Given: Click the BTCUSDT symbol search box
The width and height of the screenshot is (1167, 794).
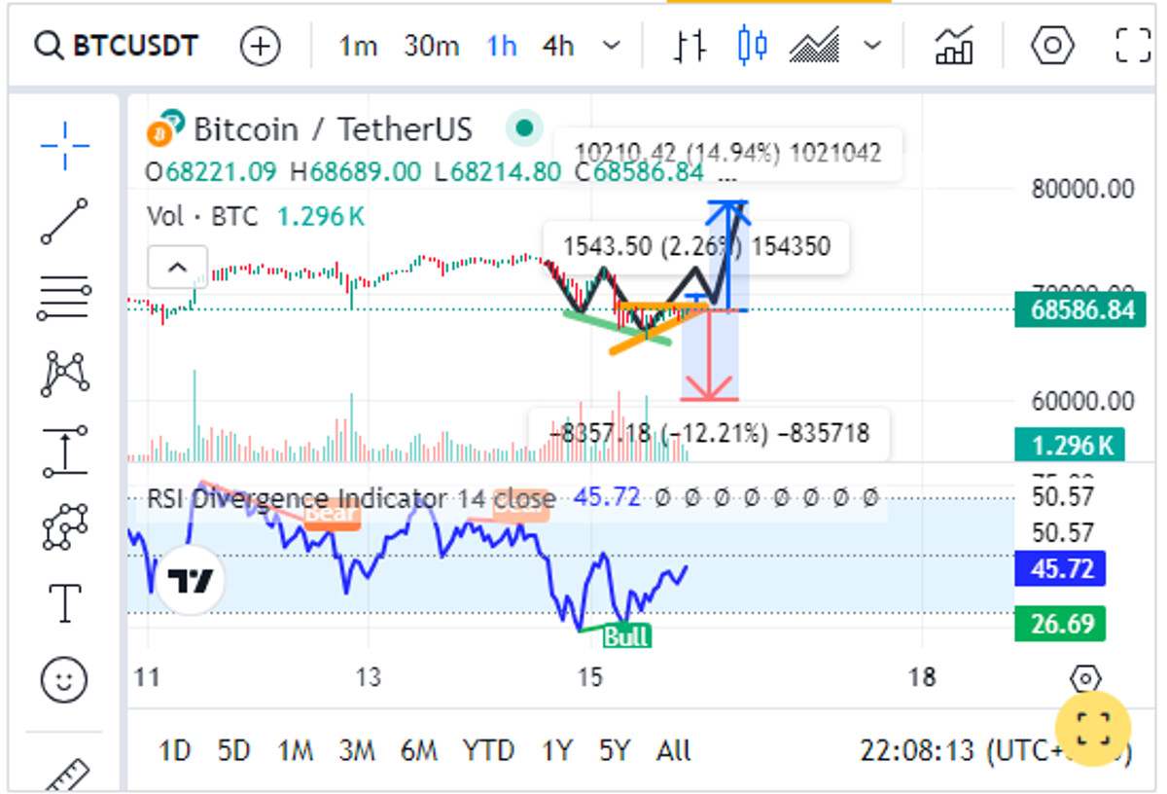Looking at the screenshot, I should [x=117, y=46].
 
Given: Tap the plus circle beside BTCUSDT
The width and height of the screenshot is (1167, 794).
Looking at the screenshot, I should [x=260, y=46].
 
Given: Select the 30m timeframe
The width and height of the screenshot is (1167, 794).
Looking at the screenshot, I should [x=431, y=46].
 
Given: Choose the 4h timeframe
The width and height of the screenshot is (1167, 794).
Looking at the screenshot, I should [x=558, y=46].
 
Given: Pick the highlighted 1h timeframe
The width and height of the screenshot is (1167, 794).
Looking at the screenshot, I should [x=502, y=46].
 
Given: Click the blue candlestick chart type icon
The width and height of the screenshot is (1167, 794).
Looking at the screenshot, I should [x=753, y=45].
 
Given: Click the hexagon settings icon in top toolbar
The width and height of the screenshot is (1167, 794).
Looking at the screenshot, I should [x=1052, y=45].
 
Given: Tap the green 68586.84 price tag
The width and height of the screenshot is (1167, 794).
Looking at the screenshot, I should [x=1067, y=310].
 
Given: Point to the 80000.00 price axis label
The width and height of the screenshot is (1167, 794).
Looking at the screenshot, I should [x=1081, y=188].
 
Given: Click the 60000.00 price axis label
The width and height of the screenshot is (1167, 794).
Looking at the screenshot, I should [x=1081, y=400].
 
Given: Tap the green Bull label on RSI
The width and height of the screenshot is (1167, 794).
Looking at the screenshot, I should [x=626, y=637].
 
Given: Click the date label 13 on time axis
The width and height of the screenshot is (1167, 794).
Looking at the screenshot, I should [x=368, y=677].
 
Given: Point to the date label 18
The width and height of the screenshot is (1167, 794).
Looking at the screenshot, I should [x=921, y=677].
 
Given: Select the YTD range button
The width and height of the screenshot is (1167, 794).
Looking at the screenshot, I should [x=488, y=750].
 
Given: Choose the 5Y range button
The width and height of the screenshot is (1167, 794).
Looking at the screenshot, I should [x=615, y=750].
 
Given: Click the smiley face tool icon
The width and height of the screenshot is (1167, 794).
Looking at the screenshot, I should [x=64, y=679].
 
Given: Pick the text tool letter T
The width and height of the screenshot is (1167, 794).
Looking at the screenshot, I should [x=64, y=603].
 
